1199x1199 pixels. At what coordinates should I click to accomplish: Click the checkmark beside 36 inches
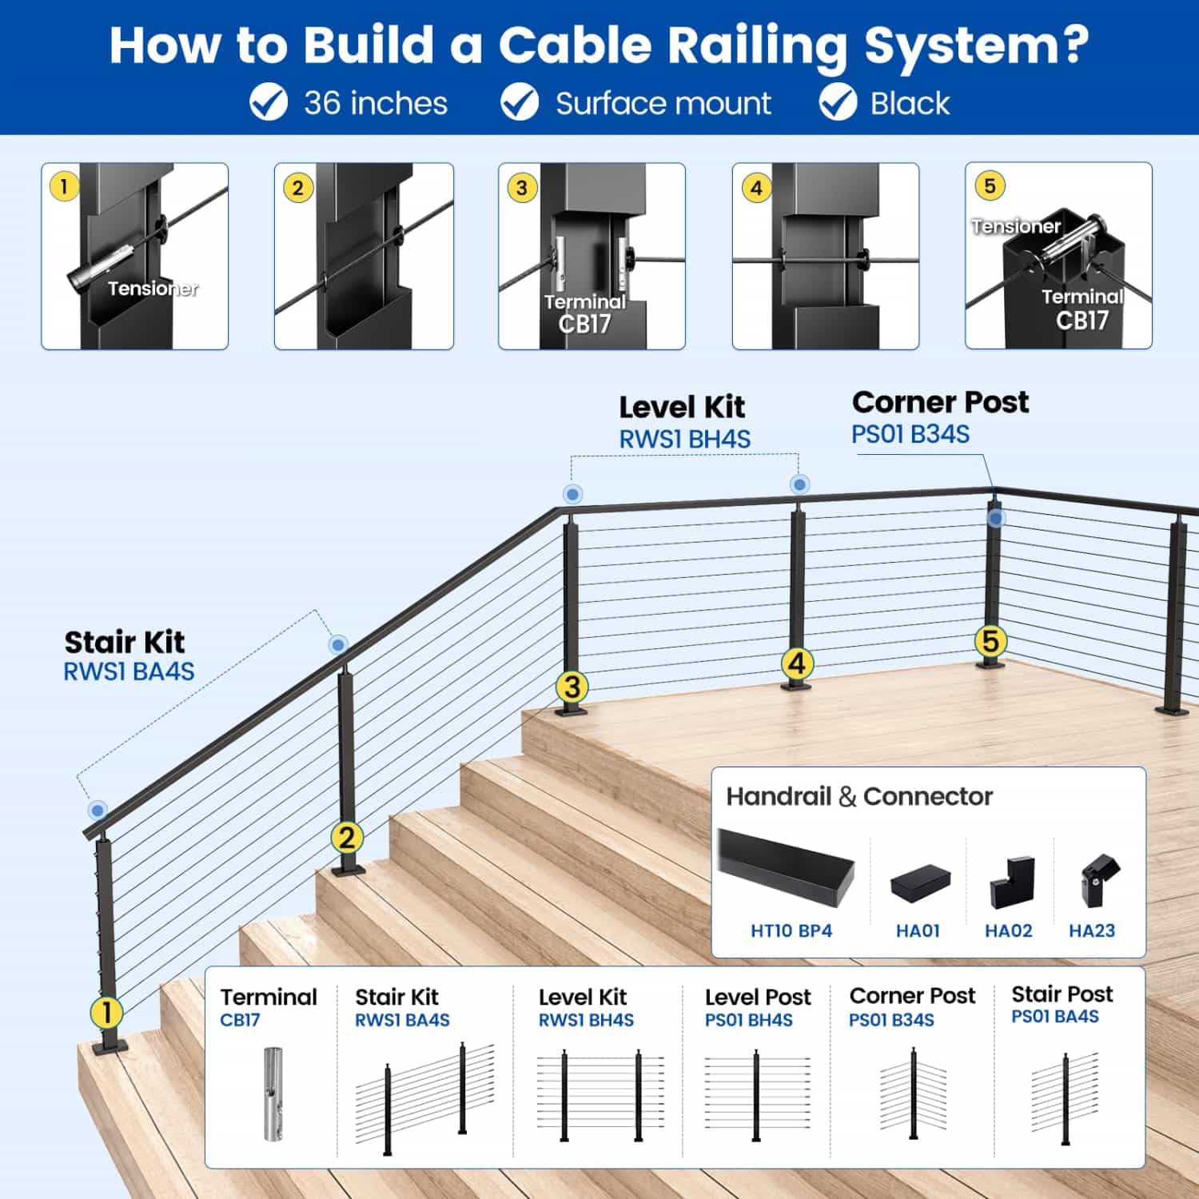[x=269, y=103]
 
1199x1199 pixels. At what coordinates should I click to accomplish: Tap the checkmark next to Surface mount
[x=520, y=103]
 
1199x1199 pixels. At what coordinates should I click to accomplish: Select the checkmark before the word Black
[x=838, y=103]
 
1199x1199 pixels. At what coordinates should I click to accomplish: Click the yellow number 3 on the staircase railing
[x=572, y=687]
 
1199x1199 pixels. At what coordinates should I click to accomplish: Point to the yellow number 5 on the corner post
[x=990, y=641]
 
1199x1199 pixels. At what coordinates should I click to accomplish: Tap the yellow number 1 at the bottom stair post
[x=106, y=1013]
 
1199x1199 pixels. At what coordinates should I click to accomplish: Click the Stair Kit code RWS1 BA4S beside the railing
[x=129, y=671]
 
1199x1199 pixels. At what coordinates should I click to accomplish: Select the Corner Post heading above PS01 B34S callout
[x=941, y=402]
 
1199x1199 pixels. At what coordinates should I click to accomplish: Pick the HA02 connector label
[x=1009, y=930]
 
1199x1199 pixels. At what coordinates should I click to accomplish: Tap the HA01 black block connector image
[x=920, y=884]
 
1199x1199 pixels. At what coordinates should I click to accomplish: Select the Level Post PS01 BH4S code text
[x=749, y=1020]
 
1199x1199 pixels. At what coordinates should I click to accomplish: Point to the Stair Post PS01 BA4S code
[x=1055, y=1017]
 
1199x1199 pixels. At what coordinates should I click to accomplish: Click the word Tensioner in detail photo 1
[x=153, y=289]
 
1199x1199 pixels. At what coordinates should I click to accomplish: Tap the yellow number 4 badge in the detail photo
[x=756, y=189]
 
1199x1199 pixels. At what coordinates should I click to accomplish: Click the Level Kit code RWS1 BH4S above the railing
[x=685, y=439]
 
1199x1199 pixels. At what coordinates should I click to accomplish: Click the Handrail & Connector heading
[x=859, y=796]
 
